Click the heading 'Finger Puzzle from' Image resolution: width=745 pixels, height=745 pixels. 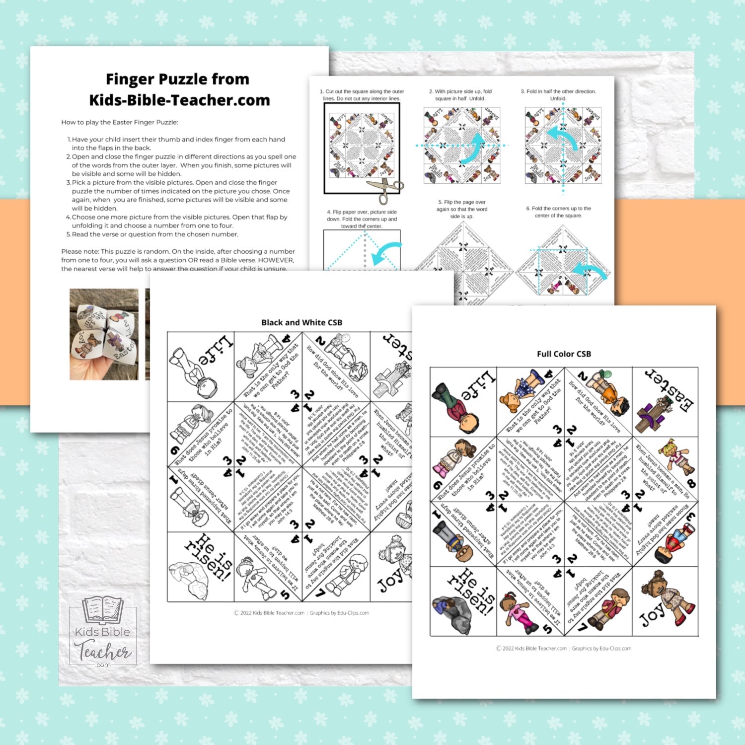177,79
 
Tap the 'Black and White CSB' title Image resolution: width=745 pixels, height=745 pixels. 301,323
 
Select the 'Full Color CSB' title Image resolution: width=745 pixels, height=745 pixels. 564,354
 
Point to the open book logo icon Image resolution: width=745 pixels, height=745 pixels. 103,609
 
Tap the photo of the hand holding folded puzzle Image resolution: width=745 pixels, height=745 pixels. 104,334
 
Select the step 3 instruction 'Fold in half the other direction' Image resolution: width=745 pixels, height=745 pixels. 558,95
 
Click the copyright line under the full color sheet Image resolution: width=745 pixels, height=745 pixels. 563,648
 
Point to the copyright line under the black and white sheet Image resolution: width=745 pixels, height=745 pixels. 301,613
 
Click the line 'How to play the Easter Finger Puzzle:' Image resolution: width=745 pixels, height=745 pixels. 119,122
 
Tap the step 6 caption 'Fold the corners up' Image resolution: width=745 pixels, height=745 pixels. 558,212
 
